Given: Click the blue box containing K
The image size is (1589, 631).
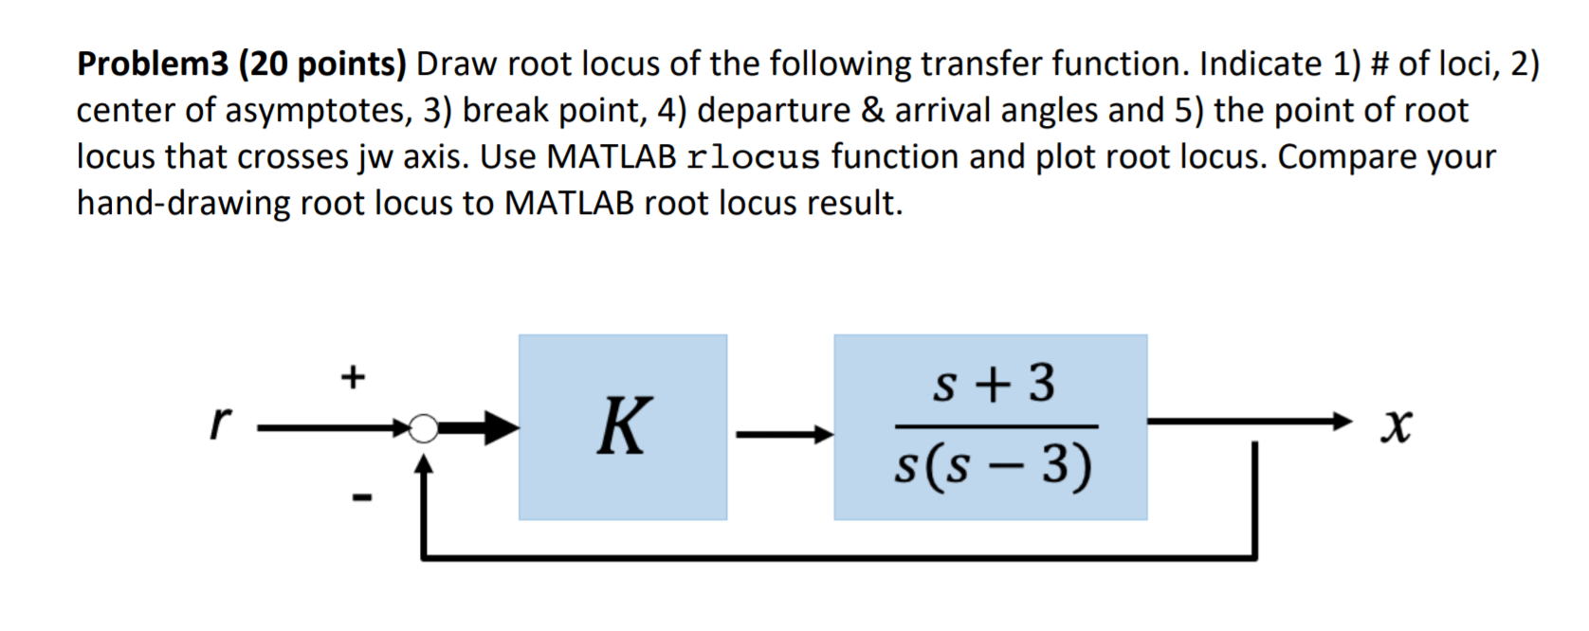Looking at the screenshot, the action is (623, 426).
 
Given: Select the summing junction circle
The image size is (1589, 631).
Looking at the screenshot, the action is (424, 429).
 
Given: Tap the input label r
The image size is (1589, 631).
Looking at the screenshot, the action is (220, 423).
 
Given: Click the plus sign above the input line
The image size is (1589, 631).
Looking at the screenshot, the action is (353, 377).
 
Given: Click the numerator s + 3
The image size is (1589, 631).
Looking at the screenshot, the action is (994, 384).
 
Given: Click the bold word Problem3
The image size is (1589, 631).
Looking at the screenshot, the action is (153, 64).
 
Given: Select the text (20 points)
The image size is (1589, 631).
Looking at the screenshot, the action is (322, 64).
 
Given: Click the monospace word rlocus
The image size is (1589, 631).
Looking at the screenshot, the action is (754, 157).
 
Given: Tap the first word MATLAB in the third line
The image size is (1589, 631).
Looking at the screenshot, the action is (612, 157).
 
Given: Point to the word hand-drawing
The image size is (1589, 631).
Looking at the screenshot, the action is (183, 204).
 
